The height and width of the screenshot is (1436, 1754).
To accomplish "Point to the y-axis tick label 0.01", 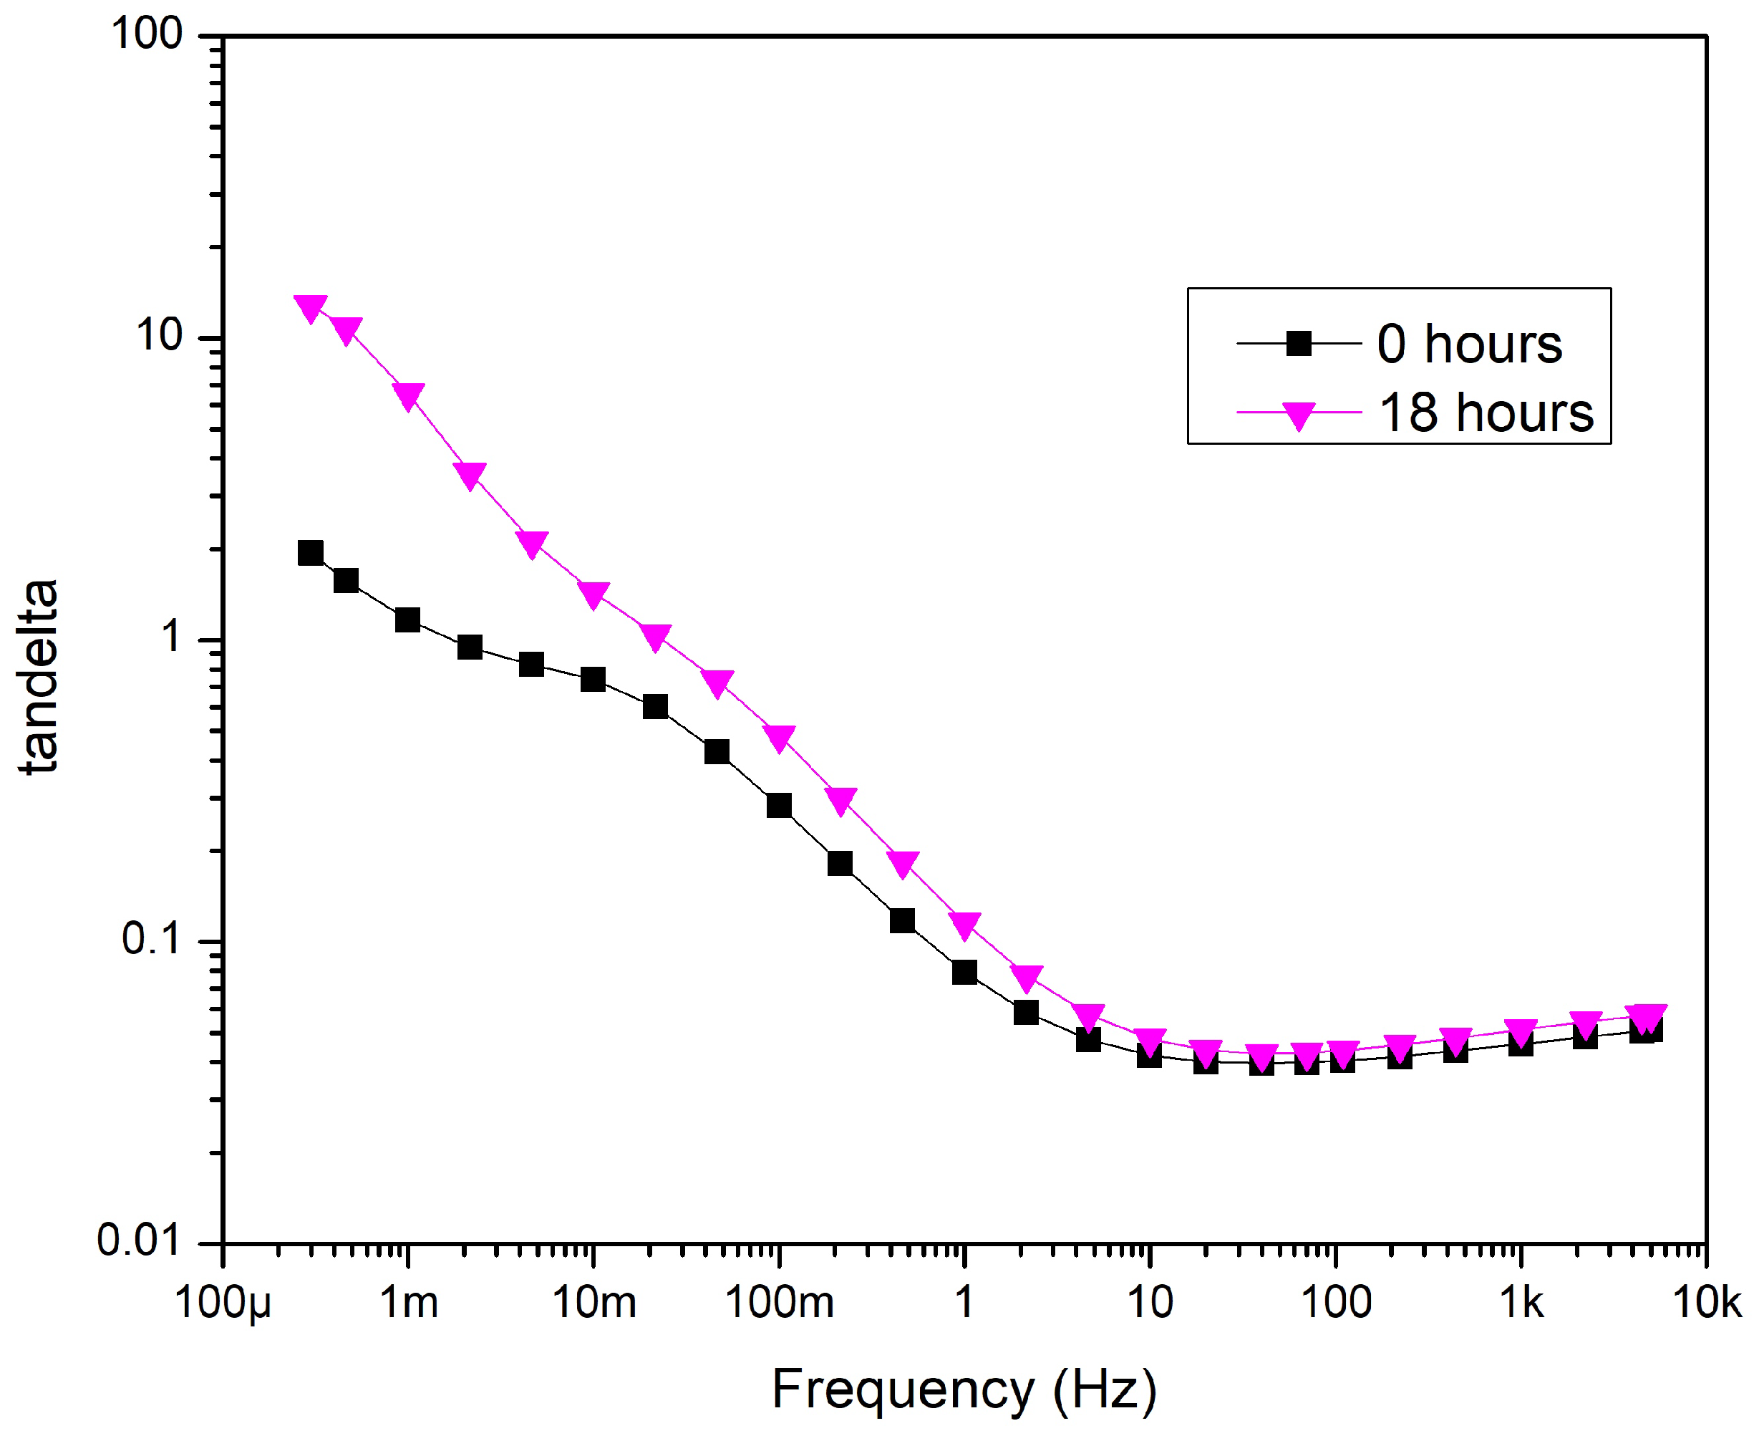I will pos(138,1240).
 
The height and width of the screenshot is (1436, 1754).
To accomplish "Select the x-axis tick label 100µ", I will pos(223,1303).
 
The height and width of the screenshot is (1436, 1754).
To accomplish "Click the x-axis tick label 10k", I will pos(1707,1303).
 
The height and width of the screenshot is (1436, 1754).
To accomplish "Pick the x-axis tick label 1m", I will pos(409,1303).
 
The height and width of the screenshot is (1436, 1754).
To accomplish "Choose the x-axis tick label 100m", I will pos(779,1303).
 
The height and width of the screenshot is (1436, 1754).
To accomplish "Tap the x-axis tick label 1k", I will pos(1521,1303).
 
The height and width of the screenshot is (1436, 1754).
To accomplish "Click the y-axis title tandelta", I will pos(39,677).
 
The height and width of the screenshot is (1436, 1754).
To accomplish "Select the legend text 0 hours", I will pos(1468,343).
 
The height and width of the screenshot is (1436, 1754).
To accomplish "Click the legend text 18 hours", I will pos(1486,412).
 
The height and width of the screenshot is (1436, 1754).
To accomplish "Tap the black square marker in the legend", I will pos(1299,343).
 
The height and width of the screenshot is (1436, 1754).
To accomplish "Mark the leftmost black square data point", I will pos(310,553).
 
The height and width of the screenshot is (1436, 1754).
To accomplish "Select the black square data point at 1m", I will pos(407,620).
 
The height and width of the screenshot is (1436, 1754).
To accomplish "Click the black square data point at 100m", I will pos(779,805).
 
